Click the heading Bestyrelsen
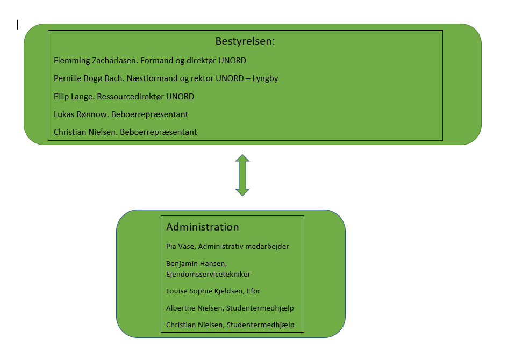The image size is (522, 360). pyautogui.click(x=245, y=41)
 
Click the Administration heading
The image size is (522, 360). pyautogui.click(x=203, y=227)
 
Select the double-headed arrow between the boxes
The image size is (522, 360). pyautogui.click(x=242, y=175)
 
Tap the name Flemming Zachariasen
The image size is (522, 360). pyautogui.click(x=96, y=61)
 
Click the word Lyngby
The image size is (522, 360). pyautogui.click(x=265, y=79)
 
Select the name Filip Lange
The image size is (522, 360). pyautogui.click(x=74, y=97)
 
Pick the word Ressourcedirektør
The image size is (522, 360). pyautogui.click(x=131, y=97)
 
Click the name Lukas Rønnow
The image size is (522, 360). pyautogui.click(x=81, y=114)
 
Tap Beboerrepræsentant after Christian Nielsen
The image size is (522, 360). pyautogui.click(x=159, y=132)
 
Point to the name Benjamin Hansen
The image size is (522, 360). pyautogui.click(x=196, y=264)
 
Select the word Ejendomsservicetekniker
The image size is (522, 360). pyautogui.click(x=208, y=275)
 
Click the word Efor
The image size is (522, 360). pyautogui.click(x=253, y=291)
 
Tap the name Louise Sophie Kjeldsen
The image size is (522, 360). pyautogui.click(x=204, y=291)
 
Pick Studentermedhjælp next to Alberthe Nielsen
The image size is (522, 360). pyautogui.click(x=260, y=308)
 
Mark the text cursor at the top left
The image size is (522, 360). pyautogui.click(x=17, y=25)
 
